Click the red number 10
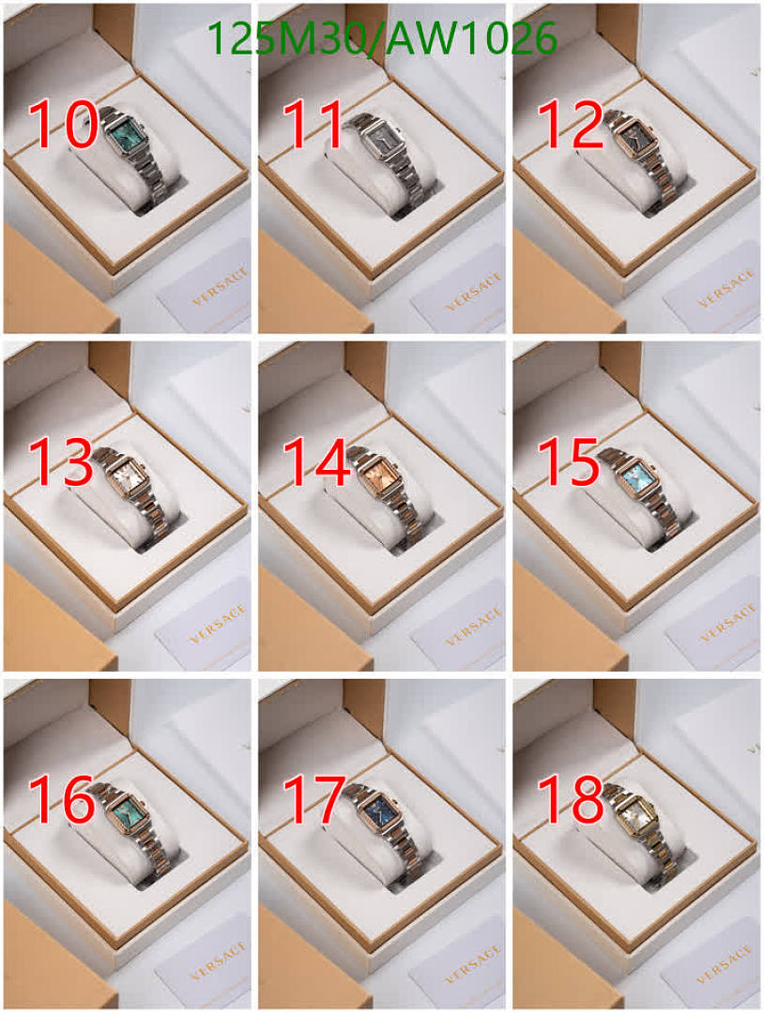pos(63,125)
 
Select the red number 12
pos(570,125)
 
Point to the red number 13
pos(61,461)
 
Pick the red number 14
pos(316,461)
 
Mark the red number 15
pos(570,461)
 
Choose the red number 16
pos(62,799)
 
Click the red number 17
pos(314,799)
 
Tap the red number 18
pos(571,799)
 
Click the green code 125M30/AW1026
pos(382,38)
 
